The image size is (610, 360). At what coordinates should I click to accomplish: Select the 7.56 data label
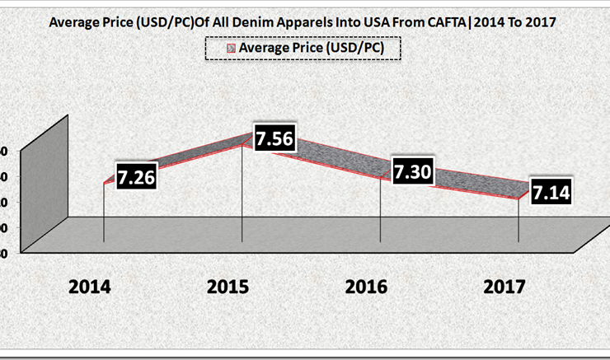pos(274,139)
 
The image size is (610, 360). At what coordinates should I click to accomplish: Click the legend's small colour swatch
pos(232,49)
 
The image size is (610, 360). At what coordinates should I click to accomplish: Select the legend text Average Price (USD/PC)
pos(318,49)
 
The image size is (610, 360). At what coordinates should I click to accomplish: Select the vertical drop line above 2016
pos(379,210)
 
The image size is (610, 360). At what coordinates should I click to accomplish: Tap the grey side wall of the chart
pos(43,189)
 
